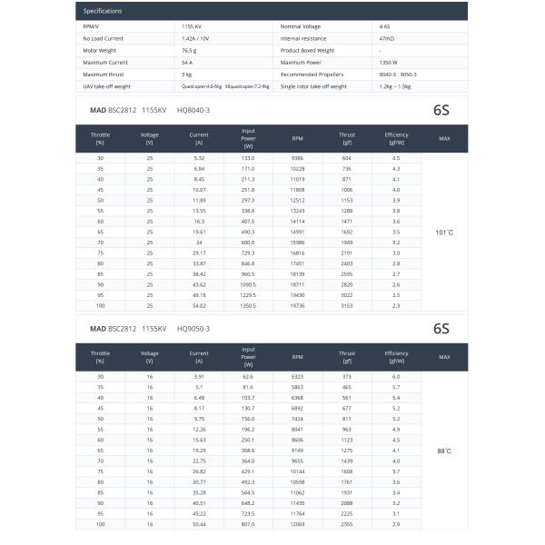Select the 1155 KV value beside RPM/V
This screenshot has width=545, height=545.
(x=192, y=28)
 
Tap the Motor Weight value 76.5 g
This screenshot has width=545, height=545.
(x=188, y=51)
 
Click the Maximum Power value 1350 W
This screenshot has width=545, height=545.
(x=392, y=62)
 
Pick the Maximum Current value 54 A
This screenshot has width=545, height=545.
(x=188, y=62)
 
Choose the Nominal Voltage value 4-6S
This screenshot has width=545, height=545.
(x=386, y=28)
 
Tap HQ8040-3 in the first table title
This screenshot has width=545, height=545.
(x=193, y=109)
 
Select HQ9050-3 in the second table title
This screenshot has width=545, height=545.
(x=193, y=328)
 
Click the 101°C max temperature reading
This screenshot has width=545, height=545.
(x=444, y=232)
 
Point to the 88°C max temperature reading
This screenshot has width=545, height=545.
(x=444, y=450)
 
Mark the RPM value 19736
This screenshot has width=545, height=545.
(x=297, y=306)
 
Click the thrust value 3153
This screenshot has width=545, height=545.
(x=347, y=306)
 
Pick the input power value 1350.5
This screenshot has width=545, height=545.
(x=248, y=306)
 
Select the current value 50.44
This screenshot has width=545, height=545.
(x=199, y=524)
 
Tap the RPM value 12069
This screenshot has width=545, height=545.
(x=297, y=524)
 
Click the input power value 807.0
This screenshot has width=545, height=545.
(x=248, y=524)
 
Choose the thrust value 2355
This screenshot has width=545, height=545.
(x=347, y=524)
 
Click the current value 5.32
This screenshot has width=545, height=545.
(x=199, y=158)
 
